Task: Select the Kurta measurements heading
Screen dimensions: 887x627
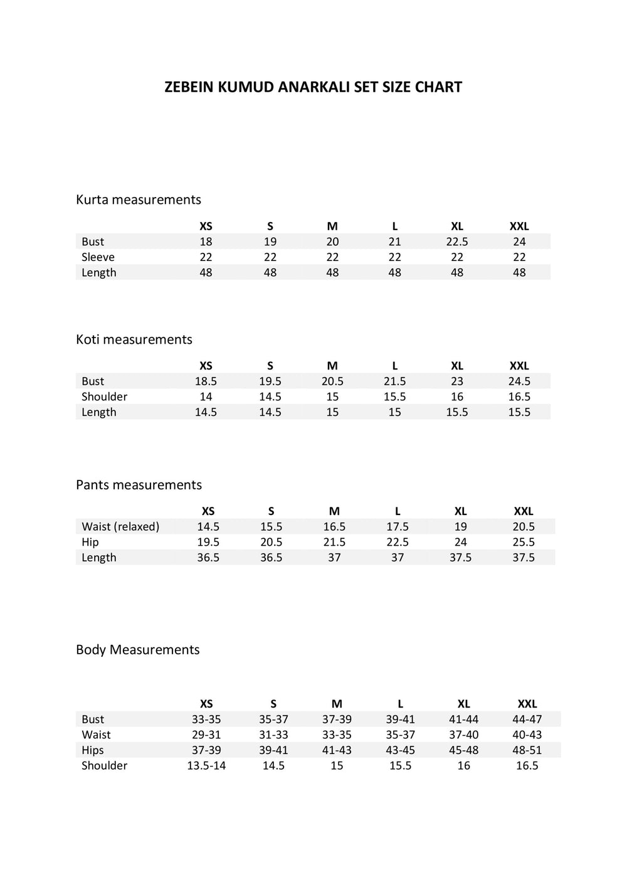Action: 139,199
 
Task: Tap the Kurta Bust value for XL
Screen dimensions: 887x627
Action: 457,242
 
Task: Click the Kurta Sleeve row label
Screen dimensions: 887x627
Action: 98,257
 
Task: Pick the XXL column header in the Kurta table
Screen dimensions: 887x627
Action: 519,226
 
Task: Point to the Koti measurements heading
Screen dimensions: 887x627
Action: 134,339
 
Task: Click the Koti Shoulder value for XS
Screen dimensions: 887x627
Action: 206,396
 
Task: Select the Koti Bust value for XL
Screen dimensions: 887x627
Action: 457,381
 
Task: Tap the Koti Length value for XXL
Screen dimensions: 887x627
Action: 519,412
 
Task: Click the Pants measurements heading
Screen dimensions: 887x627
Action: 139,485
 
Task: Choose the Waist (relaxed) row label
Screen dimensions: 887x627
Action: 120,527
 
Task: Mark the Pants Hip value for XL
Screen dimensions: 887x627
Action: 460,542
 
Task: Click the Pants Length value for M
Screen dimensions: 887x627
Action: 334,558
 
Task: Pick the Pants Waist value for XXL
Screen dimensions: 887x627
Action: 524,527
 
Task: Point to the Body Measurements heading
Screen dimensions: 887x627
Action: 137,650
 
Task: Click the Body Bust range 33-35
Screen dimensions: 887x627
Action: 206,720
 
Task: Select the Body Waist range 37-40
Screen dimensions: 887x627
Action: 464,735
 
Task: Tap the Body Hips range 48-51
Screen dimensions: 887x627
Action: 527,750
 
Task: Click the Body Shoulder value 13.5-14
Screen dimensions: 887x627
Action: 206,765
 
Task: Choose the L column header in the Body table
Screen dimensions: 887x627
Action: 401,704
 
